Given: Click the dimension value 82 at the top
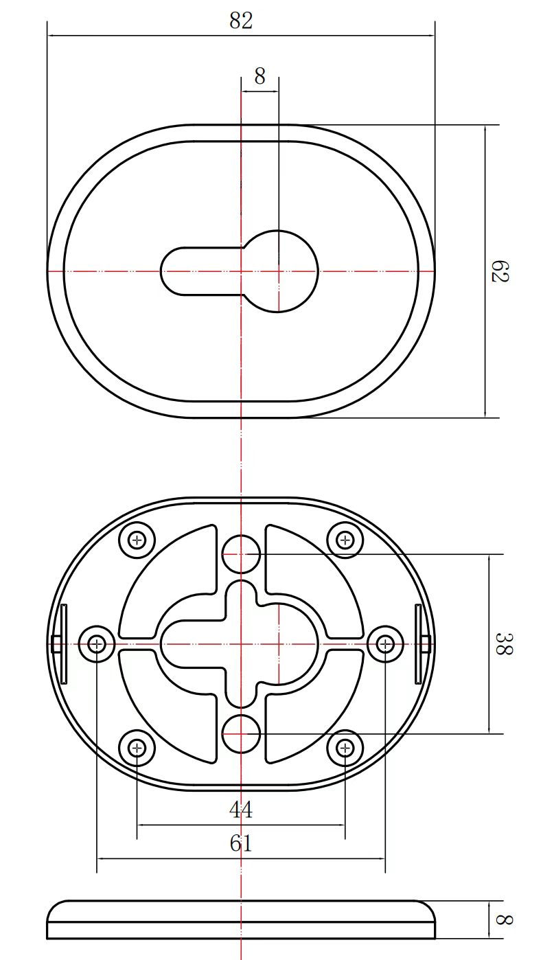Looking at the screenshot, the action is tap(241, 21).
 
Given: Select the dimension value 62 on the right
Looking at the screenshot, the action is tap(499, 271).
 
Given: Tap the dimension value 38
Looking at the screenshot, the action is tap(504, 643).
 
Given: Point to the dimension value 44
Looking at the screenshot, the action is tap(241, 810).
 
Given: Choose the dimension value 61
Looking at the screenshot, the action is tap(241, 843).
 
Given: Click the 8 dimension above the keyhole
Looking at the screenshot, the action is tap(259, 76).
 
